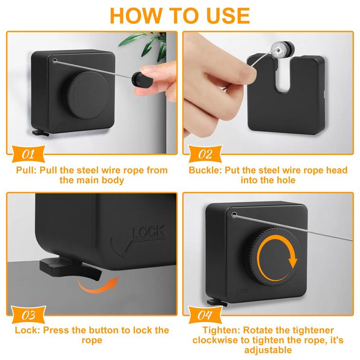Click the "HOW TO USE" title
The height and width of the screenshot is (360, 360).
180,16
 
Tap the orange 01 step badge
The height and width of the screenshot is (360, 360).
28,154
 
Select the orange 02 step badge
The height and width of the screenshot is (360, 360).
205,154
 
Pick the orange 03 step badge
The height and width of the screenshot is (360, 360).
28,315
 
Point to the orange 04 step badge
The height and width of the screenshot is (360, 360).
205,315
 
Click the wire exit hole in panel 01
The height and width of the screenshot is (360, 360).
54,61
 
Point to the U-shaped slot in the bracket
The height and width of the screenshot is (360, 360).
283,76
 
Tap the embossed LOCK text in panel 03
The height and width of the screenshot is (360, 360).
148,232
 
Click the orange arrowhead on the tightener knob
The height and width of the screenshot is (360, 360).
292,263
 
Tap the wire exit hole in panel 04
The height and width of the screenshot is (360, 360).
234,215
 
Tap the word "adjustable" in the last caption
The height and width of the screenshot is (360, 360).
268,351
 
